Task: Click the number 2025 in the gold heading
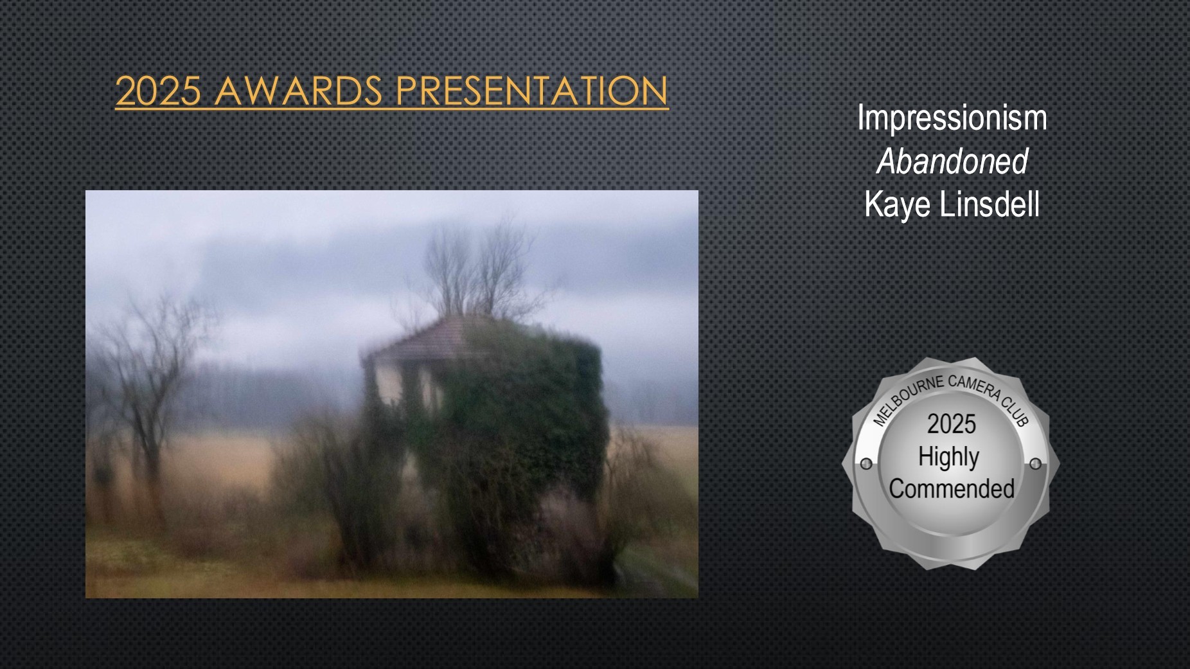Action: pyautogui.click(x=158, y=91)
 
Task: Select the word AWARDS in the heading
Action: pyautogui.click(x=299, y=91)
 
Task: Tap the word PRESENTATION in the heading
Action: pyautogui.click(x=532, y=91)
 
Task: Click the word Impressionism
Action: pyautogui.click(x=952, y=118)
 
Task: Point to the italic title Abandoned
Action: pyautogui.click(x=952, y=161)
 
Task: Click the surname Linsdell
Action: pyautogui.click(x=990, y=204)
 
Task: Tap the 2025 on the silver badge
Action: pyautogui.click(x=951, y=424)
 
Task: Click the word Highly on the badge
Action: pyautogui.click(x=948, y=458)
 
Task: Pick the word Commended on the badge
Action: pyautogui.click(x=952, y=489)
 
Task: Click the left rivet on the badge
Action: pyautogui.click(x=866, y=464)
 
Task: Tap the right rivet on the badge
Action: pyautogui.click(x=1035, y=464)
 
